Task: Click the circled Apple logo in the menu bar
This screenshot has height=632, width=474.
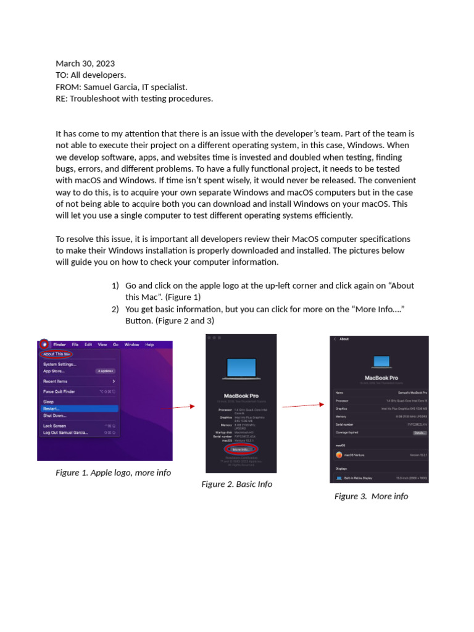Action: click(44, 344)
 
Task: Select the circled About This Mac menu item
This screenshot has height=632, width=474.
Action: click(56, 354)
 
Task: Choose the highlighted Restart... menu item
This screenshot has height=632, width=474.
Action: click(52, 409)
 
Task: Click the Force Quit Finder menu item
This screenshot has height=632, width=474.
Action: click(59, 391)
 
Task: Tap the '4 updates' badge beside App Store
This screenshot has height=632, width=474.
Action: click(106, 372)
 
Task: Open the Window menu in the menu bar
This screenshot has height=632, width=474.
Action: click(131, 344)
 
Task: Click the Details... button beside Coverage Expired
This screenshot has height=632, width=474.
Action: click(420, 433)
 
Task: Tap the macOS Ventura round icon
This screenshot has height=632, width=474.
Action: click(339, 455)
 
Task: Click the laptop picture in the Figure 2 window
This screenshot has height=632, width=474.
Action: click(241, 368)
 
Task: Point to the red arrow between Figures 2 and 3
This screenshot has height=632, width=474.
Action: click(303, 405)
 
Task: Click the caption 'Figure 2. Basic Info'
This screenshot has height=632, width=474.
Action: click(236, 484)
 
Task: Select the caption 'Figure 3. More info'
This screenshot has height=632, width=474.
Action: click(371, 496)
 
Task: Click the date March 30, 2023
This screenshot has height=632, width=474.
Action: click(85, 64)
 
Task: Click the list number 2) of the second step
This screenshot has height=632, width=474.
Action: click(115, 309)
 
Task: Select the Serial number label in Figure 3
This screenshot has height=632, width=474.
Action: click(345, 425)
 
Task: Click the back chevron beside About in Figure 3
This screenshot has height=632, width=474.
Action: click(335, 339)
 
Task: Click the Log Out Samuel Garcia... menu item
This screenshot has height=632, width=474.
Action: click(65, 433)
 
